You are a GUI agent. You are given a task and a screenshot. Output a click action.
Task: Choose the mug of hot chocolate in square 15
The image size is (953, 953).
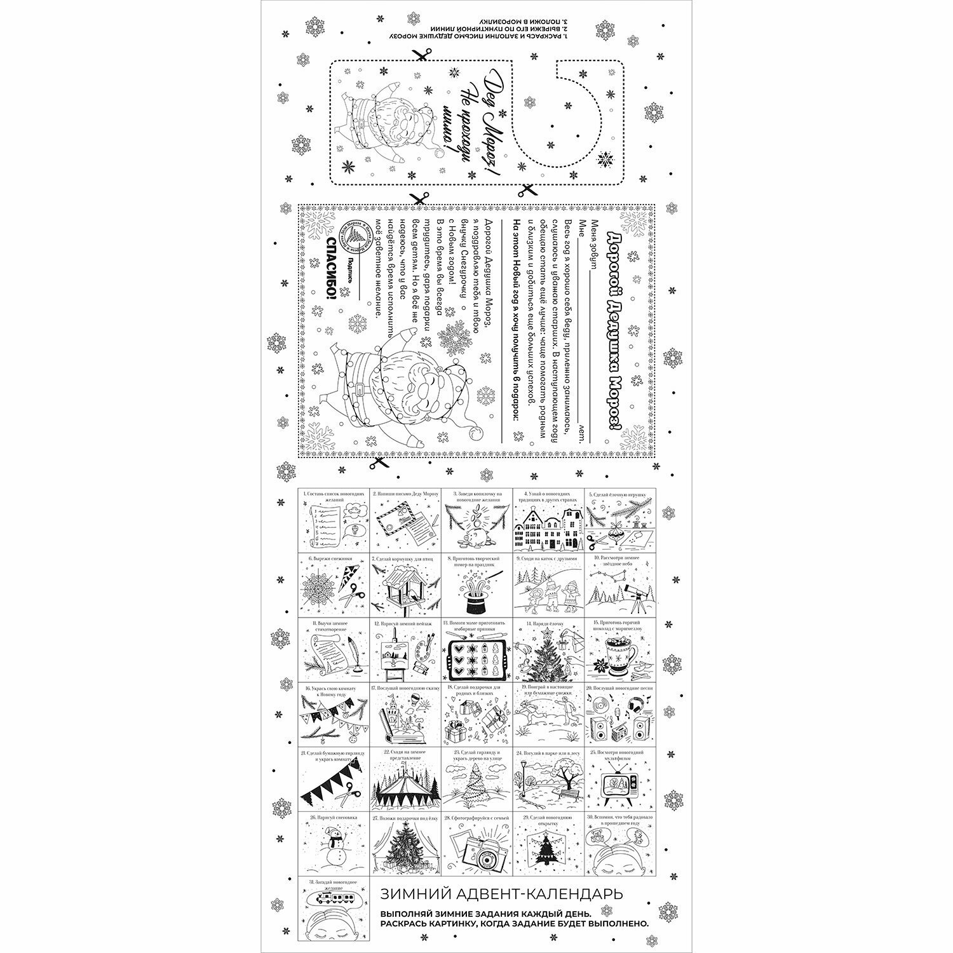[614, 663]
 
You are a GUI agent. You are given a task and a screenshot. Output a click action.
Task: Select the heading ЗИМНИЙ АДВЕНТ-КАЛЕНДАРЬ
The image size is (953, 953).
[501, 894]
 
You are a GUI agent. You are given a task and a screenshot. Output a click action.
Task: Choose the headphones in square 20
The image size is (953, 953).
[635, 705]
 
